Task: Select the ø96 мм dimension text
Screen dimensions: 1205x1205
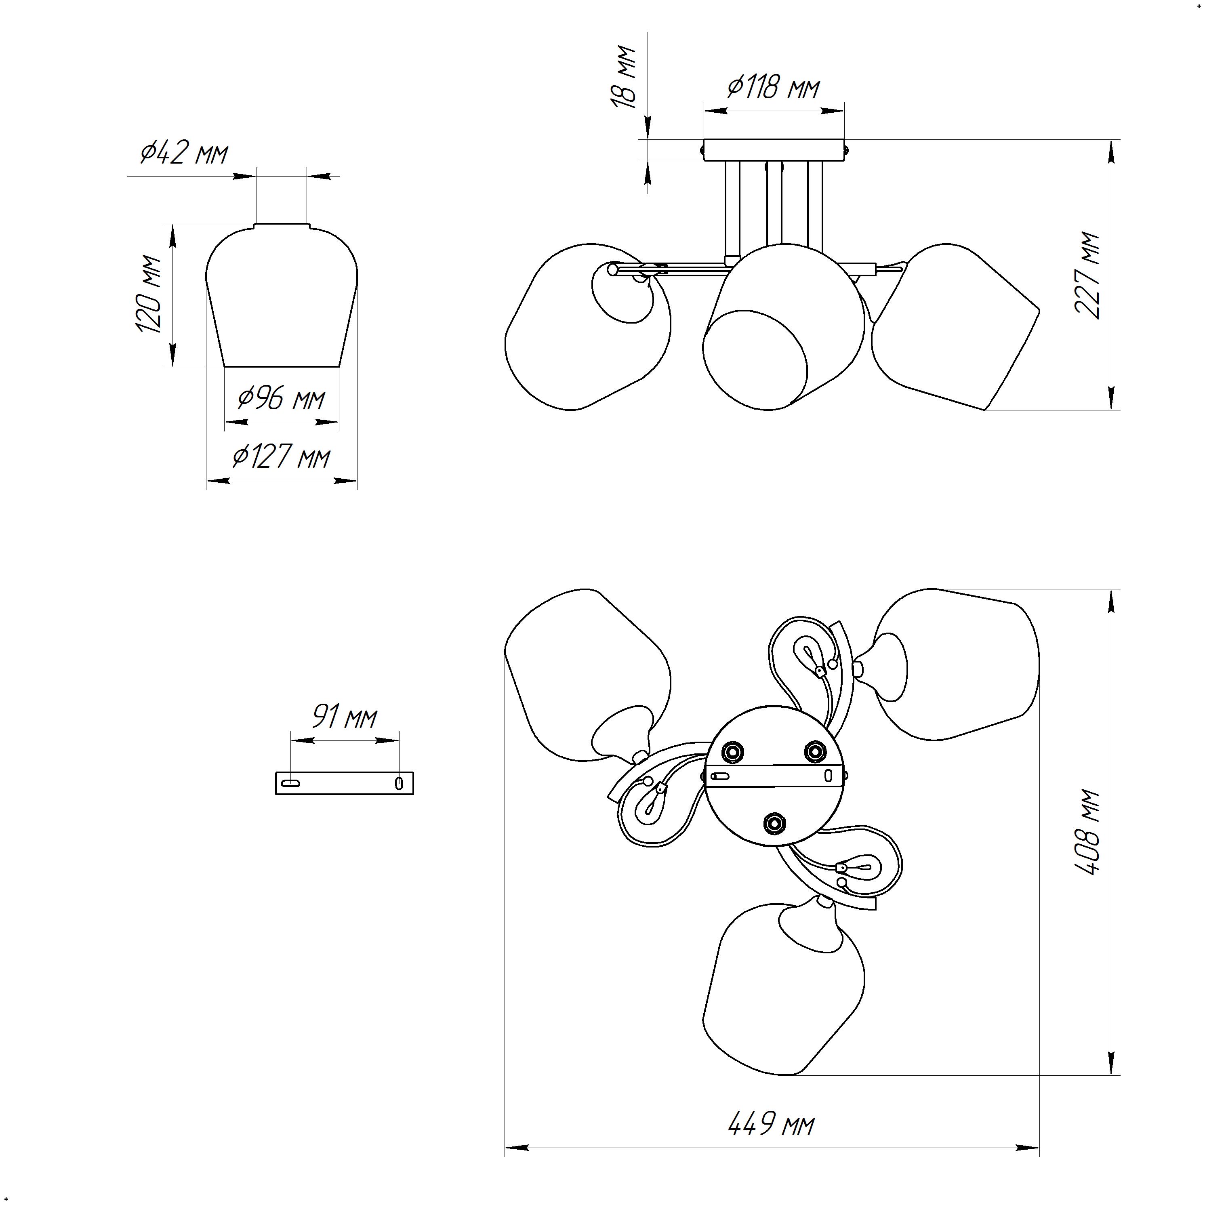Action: pos(281,398)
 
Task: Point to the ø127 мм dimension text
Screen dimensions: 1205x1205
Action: pos(281,458)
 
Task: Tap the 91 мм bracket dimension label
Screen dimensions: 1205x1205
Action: pos(344,718)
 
